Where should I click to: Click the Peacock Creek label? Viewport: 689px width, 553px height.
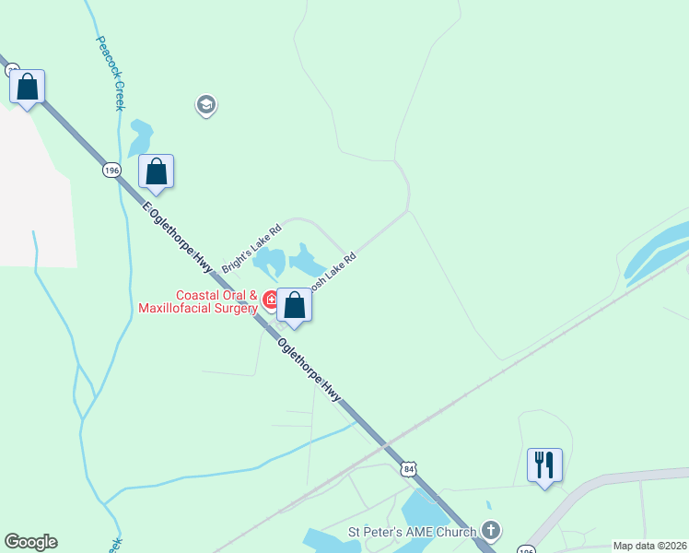[x=108, y=73]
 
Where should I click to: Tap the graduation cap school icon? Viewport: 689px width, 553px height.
[x=206, y=105]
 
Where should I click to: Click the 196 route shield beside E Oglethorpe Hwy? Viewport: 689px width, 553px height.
[x=111, y=171]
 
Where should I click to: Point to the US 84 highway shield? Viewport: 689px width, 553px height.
[x=409, y=469]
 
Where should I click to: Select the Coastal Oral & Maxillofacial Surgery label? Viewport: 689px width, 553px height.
[x=198, y=302]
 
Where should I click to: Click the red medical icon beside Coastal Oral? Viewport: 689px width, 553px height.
[x=272, y=300]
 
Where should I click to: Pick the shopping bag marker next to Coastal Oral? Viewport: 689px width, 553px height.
[x=294, y=305]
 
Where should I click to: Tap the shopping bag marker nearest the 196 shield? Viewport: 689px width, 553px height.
[x=157, y=171]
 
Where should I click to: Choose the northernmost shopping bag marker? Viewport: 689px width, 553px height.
[x=28, y=88]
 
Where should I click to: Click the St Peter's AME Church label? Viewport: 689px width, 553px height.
[x=412, y=531]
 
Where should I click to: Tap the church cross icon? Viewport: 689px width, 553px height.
[x=491, y=531]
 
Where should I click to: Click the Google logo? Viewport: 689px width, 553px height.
[x=30, y=542]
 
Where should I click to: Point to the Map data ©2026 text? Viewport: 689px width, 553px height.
[x=649, y=546]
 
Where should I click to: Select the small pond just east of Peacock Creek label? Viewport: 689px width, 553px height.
[x=140, y=137]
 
